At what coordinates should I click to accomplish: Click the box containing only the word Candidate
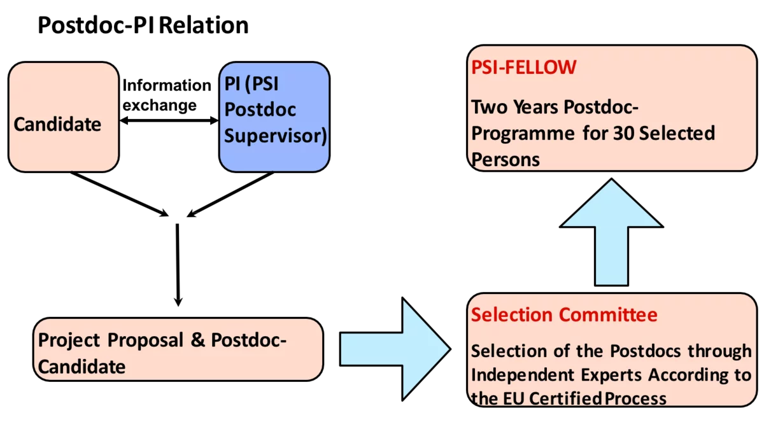64,117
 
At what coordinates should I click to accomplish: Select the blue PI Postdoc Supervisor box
274,117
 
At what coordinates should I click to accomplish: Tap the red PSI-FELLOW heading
523,67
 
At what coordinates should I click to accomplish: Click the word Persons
506,159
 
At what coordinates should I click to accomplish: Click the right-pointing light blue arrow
395,349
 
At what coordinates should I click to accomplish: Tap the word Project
69,341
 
